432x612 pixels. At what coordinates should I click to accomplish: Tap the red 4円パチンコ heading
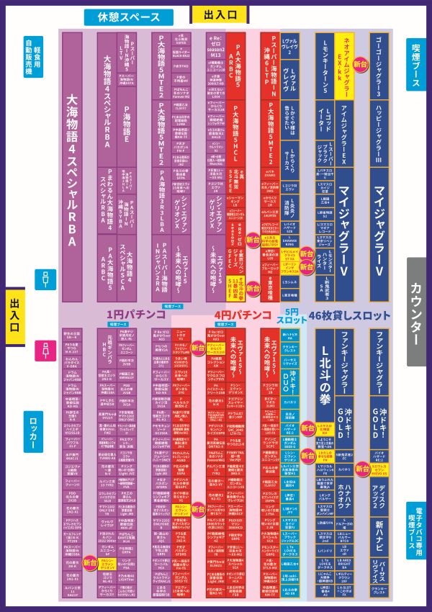tap(238, 315)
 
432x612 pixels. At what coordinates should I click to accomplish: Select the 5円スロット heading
tap(292, 315)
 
